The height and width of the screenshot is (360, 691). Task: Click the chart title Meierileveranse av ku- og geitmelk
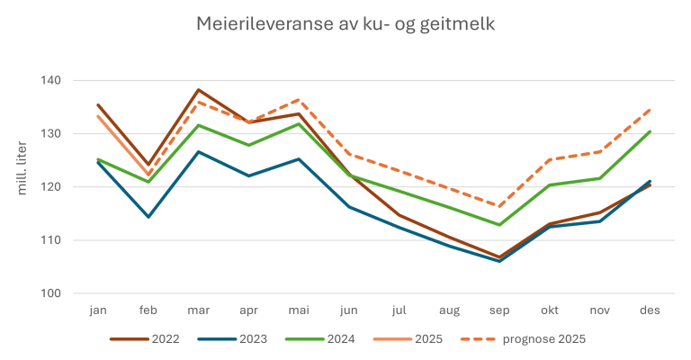345,23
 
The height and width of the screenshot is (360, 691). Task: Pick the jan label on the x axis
98,310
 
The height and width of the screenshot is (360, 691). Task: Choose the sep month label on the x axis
499,310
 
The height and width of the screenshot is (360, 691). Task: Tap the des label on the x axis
650,310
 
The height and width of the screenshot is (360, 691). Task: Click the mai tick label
299,310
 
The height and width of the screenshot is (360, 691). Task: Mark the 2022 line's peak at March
198,90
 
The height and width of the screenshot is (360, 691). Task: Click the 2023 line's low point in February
148,217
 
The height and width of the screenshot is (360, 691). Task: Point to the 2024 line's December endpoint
650,131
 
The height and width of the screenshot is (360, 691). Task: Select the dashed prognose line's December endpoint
650,109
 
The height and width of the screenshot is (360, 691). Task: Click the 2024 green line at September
499,225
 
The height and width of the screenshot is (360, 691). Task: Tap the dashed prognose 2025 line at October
550,160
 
